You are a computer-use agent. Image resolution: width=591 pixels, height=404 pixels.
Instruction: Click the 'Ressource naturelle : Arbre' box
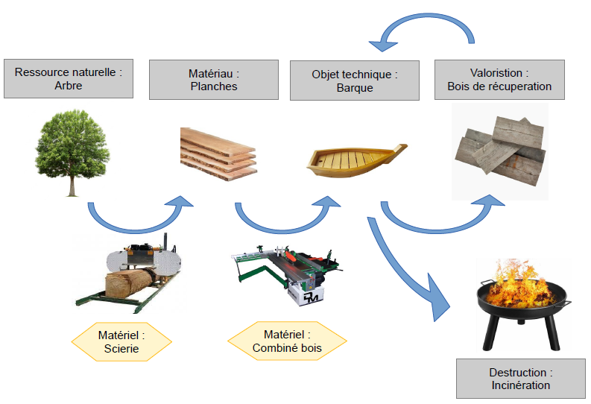(68, 78)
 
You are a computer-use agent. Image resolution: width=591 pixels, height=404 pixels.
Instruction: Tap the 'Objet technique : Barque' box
(354, 81)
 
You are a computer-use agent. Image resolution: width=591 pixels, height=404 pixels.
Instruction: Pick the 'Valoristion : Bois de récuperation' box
(499, 79)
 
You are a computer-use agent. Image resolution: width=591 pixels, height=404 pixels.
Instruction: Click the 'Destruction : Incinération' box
(520, 379)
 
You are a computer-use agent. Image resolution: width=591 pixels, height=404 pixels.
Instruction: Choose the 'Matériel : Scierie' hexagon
(121, 341)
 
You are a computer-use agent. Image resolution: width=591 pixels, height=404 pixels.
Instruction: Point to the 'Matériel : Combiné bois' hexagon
(287, 341)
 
